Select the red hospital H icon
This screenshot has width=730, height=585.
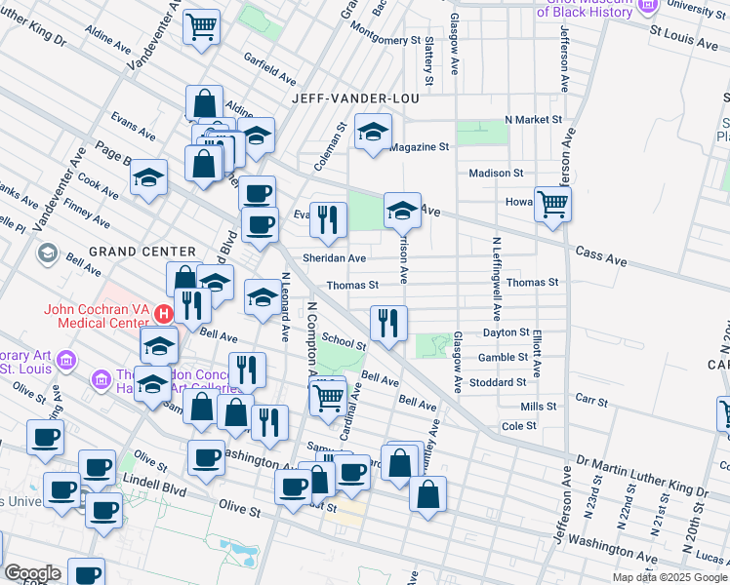[164, 314]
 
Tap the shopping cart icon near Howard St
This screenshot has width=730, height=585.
[552, 205]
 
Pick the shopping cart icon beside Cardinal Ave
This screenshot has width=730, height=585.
[327, 395]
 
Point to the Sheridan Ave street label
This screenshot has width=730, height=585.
[334, 258]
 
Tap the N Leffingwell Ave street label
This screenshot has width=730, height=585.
[497, 279]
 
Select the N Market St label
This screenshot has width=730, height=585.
[533, 119]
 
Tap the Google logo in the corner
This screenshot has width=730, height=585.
[32, 573]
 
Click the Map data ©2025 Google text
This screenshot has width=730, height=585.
[669, 577]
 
